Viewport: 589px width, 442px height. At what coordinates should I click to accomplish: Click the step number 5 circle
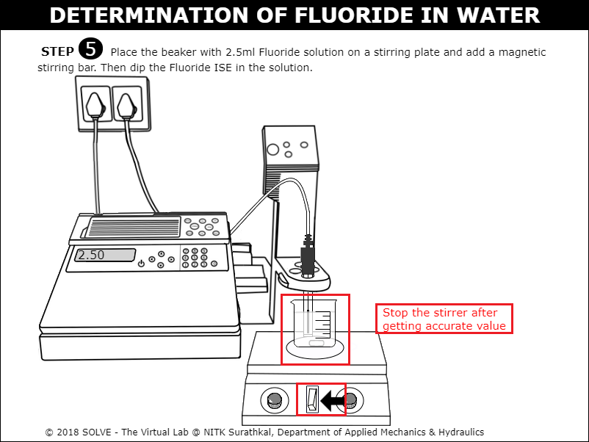click(x=90, y=48)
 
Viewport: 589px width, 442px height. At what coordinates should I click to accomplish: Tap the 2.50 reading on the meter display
click(x=91, y=255)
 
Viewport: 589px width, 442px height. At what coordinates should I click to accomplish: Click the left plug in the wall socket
click(x=95, y=105)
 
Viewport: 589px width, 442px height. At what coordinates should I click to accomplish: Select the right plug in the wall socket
click(x=126, y=106)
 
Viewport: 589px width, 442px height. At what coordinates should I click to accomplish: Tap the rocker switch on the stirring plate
click(x=312, y=399)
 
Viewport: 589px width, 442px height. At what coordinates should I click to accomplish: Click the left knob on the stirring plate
click(x=274, y=400)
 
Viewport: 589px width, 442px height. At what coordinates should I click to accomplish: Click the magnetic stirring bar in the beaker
click(x=317, y=343)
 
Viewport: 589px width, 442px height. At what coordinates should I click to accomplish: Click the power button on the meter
click(x=141, y=264)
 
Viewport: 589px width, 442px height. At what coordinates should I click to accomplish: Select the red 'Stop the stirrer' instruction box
click(x=444, y=319)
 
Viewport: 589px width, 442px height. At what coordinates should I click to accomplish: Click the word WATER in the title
click(x=498, y=15)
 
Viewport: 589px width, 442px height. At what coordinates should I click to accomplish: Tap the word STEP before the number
click(x=57, y=51)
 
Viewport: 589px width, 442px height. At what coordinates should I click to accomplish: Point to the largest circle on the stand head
click(x=272, y=150)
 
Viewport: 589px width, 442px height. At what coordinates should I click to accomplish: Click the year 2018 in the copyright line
click(x=68, y=432)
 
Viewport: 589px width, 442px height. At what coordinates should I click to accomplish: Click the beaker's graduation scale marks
click(x=322, y=324)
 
